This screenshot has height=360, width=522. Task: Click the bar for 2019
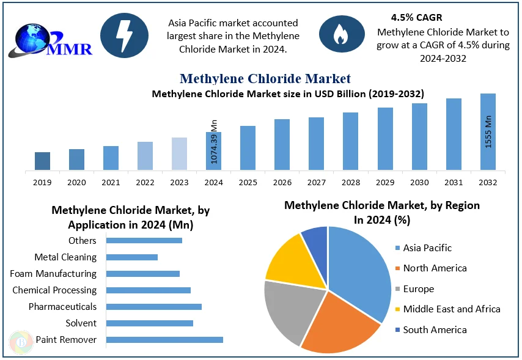(x=42, y=161)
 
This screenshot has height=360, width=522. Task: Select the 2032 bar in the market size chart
(x=488, y=131)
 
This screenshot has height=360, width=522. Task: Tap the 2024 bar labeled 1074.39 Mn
(x=213, y=151)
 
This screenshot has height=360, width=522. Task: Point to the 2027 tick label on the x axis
(x=316, y=182)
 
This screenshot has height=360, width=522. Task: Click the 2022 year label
(x=145, y=182)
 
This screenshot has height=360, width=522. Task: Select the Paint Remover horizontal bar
(x=164, y=339)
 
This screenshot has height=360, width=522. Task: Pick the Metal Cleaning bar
(x=132, y=257)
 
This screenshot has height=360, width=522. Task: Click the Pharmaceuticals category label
(x=62, y=306)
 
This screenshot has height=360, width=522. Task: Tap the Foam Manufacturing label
(x=53, y=274)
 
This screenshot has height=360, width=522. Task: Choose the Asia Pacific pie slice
(x=361, y=269)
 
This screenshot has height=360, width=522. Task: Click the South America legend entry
(x=435, y=329)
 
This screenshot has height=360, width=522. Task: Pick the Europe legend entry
(x=418, y=288)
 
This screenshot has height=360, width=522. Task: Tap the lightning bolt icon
(x=124, y=35)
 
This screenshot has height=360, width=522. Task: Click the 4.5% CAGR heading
(x=416, y=17)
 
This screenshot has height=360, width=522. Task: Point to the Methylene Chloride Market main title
(x=265, y=78)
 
